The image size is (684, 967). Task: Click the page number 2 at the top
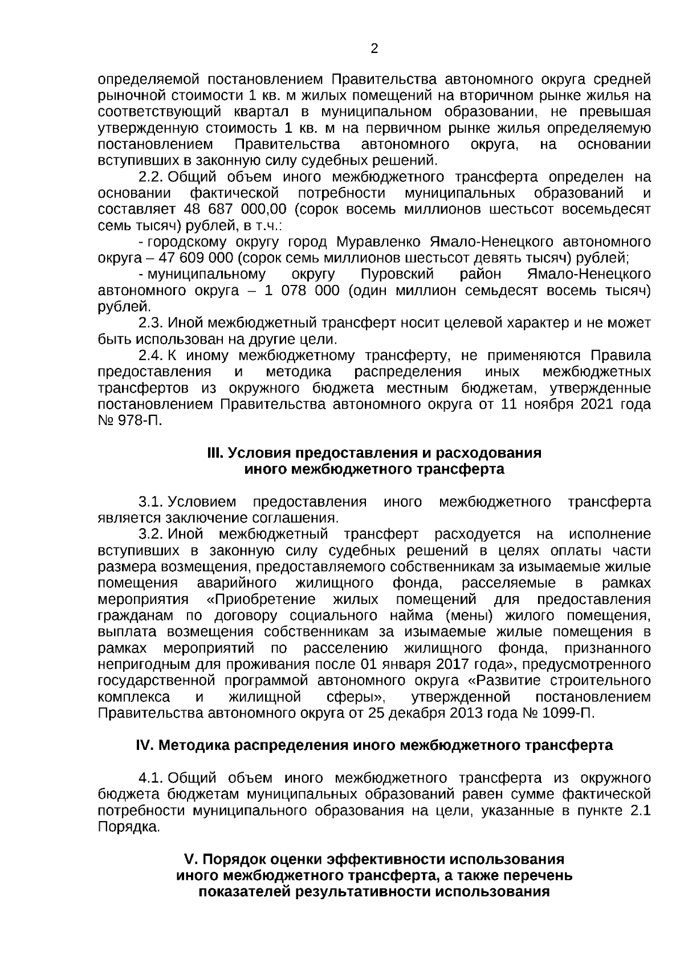(x=374, y=49)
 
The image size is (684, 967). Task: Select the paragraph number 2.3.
(x=151, y=323)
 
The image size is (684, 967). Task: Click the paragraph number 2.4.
(x=151, y=356)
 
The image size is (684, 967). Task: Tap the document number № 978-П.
(x=130, y=422)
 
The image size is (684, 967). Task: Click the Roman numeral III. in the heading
(x=215, y=454)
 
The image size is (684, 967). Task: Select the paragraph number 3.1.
(x=151, y=502)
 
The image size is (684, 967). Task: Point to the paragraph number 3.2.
(x=151, y=534)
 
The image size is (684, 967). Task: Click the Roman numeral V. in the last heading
(x=189, y=859)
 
